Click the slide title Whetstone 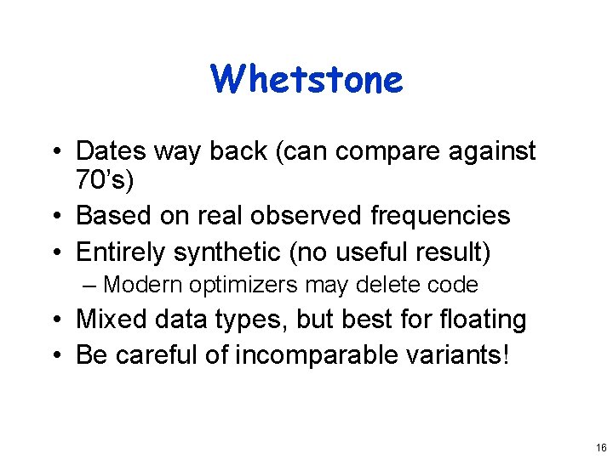pos(306,79)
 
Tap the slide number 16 pos(601,447)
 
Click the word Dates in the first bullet pos(112,151)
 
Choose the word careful pos(159,354)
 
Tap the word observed pos(309,216)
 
